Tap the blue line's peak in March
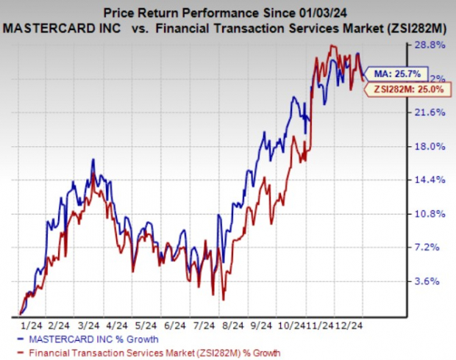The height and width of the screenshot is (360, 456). [93, 159]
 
